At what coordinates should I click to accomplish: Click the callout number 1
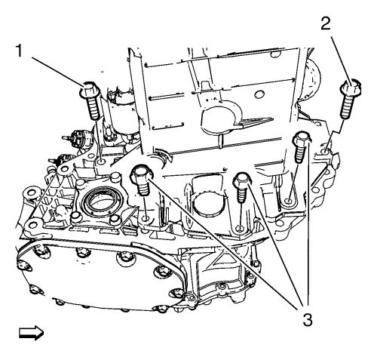click(19, 51)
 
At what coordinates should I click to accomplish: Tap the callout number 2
click(326, 24)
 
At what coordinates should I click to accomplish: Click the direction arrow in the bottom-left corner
click(31, 333)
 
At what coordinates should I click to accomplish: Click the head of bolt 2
click(351, 88)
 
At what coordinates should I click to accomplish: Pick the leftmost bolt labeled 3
click(141, 180)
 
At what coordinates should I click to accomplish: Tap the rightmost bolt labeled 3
click(301, 146)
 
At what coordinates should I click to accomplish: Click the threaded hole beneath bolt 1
click(102, 162)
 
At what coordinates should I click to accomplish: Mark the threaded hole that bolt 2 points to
click(325, 152)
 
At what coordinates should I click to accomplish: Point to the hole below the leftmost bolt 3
click(146, 219)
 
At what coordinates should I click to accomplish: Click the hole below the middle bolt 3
click(240, 229)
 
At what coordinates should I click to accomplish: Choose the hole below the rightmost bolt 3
click(289, 201)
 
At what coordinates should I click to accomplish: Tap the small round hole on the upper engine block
click(258, 94)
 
